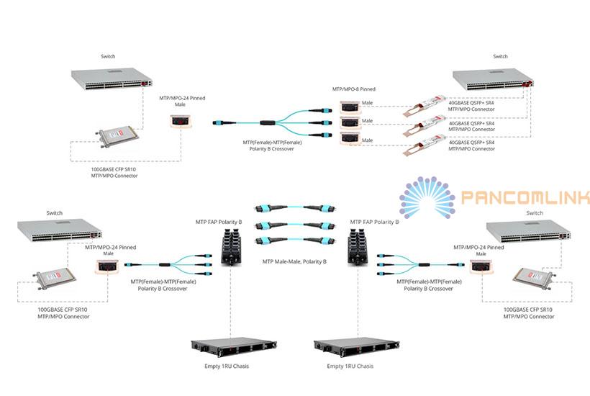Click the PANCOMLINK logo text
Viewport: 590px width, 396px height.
[x=525, y=197]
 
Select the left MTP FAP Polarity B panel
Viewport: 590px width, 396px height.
[x=231, y=246]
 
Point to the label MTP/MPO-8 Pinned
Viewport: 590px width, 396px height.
[x=353, y=89]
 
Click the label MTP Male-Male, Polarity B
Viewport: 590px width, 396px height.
[x=294, y=261]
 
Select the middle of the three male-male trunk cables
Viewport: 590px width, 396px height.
[x=294, y=225]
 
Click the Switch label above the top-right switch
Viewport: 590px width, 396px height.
[x=500, y=56]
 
